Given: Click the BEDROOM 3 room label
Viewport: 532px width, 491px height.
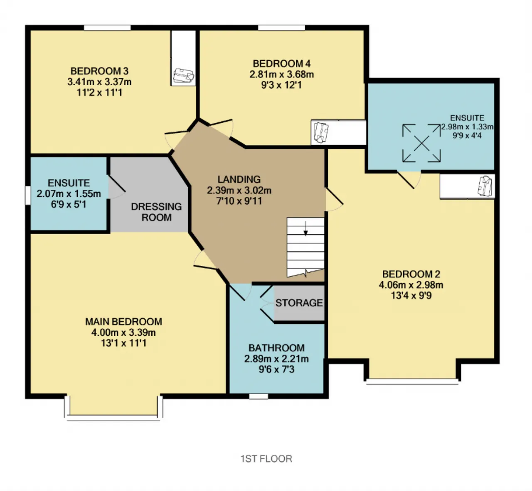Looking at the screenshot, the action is [x=99, y=71].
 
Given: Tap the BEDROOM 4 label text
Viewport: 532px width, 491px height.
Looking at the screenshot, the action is [x=281, y=64].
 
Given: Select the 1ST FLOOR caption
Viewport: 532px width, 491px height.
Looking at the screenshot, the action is [x=266, y=459].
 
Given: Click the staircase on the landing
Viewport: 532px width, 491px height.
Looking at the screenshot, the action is [x=305, y=247].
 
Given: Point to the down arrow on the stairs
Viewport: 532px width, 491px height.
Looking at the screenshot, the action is [x=305, y=228].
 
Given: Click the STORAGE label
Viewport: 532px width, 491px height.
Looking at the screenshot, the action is [x=299, y=303].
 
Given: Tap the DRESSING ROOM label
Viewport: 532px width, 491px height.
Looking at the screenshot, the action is [x=156, y=212].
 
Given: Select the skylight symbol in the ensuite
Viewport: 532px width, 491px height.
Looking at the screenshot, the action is [x=421, y=143].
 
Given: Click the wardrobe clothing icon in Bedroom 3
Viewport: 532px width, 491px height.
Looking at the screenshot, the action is [x=183, y=76].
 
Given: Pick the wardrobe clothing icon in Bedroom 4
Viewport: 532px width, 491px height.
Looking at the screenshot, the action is [x=321, y=133].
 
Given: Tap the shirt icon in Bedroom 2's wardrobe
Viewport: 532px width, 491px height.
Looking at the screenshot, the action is [x=485, y=186].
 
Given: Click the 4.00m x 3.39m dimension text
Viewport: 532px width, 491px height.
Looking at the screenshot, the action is [x=123, y=332].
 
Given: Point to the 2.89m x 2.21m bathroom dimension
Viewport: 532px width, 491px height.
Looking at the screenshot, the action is [x=276, y=359].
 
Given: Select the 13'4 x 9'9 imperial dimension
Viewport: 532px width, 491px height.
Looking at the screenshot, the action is [x=411, y=296].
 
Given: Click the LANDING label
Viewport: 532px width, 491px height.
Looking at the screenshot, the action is [x=239, y=179].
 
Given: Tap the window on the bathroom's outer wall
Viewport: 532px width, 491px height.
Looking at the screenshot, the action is [x=259, y=396].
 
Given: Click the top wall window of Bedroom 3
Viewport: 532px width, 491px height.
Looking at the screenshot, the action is [x=107, y=27].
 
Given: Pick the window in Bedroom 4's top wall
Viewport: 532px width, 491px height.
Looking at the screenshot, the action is [x=281, y=27].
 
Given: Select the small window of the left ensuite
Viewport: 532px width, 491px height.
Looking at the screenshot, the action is [x=28, y=196].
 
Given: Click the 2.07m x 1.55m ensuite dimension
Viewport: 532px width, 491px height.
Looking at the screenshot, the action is [x=69, y=194].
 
